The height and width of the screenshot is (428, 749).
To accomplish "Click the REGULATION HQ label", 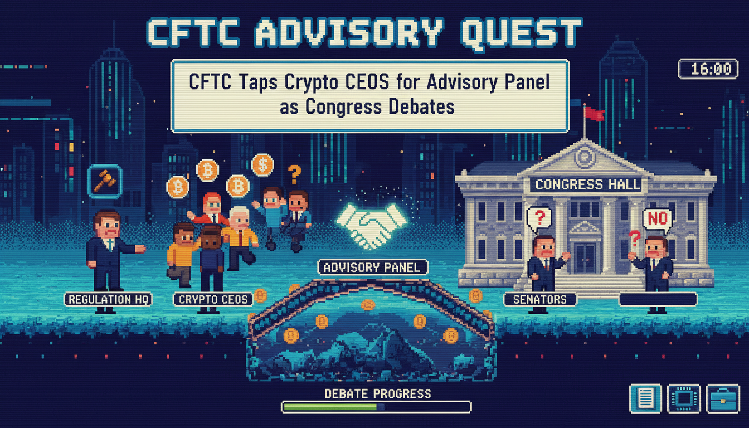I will point(108,299).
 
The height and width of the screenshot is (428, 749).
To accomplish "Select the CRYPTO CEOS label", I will point(213,299).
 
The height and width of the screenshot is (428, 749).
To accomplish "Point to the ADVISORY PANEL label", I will point(373,267).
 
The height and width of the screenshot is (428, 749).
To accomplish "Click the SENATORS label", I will point(540,299).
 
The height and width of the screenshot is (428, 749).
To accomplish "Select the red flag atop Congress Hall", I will point(594,114).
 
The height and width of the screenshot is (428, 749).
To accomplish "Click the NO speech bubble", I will point(657,218).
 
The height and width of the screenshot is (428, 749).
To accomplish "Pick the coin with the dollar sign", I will point(262,164).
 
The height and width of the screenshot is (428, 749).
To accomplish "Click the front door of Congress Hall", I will point(585,257).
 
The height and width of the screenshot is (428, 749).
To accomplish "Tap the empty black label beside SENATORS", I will point(658,299).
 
